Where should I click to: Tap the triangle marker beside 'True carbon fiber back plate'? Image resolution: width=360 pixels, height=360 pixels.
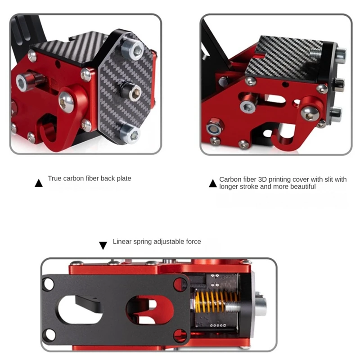tap(39, 183)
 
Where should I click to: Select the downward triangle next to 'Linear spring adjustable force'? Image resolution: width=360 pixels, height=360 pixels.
tap(103, 245)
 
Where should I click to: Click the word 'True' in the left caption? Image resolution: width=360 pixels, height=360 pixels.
tap(54, 179)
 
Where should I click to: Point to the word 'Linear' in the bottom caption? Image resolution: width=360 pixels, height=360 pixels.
tap(122, 242)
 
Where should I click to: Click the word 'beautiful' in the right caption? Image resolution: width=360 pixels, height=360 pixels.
tap(301, 186)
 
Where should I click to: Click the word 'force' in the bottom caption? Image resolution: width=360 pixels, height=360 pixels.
tap(193, 242)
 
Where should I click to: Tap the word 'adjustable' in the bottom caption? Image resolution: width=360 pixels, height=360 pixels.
tap(158, 242)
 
